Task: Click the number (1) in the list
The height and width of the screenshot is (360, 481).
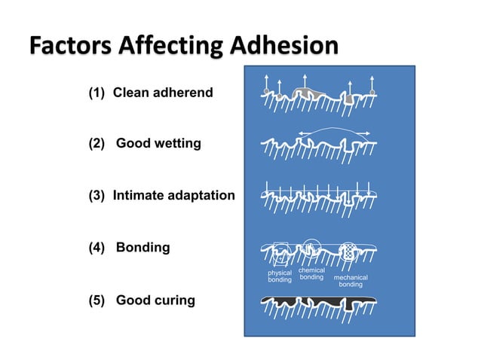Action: click(98, 93)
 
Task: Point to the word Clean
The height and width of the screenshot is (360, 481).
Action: click(132, 93)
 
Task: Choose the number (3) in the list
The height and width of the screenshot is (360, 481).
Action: click(98, 196)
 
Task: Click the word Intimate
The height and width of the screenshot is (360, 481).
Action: click(140, 196)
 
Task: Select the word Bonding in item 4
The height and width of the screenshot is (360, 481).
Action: click(143, 247)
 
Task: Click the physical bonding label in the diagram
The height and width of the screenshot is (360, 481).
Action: click(280, 276)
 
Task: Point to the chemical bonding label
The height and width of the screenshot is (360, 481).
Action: click(312, 273)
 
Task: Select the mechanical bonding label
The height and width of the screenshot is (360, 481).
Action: click(351, 281)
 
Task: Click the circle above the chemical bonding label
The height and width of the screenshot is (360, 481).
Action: click(311, 247)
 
